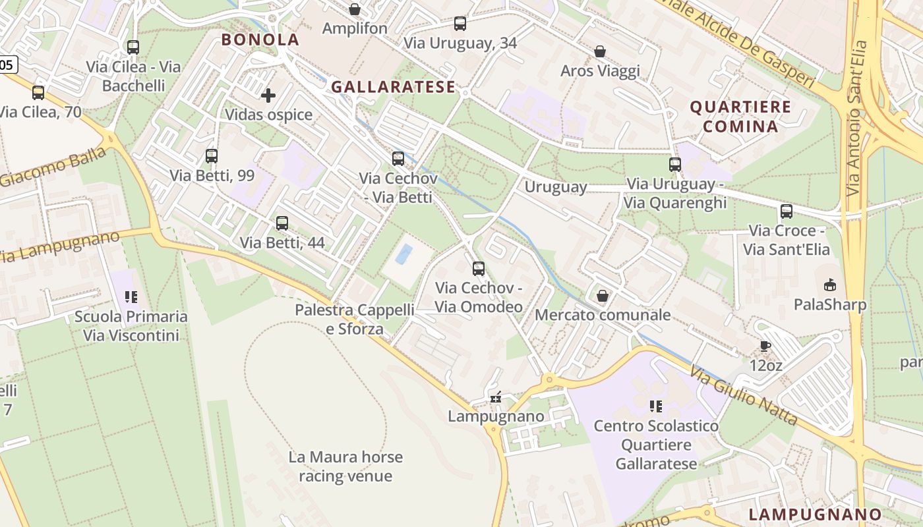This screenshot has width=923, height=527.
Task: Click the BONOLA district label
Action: tap(260, 40)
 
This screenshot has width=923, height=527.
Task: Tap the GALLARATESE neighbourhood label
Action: tap(393, 87)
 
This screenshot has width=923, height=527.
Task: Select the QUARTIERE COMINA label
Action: tap(740, 117)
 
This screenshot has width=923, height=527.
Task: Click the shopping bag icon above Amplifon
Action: tap(355, 9)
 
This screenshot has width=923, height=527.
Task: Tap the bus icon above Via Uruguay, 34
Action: tap(460, 24)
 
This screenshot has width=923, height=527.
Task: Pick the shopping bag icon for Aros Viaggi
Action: tap(600, 51)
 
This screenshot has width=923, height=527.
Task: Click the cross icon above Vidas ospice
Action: tap(268, 96)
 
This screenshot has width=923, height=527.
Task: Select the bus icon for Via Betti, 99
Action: tap(212, 156)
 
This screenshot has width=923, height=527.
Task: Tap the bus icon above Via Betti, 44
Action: tap(282, 223)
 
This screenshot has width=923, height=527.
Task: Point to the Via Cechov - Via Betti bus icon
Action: tap(398, 159)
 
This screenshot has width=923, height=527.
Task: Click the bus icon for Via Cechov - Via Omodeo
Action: tap(479, 269)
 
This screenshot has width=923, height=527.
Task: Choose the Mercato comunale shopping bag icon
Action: tap(602, 296)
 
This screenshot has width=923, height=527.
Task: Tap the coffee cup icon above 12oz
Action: tap(765, 346)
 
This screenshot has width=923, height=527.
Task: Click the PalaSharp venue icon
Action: tap(829, 285)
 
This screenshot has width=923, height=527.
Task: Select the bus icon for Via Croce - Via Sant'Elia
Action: tap(787, 211)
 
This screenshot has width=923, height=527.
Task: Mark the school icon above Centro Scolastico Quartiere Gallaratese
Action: tap(656, 406)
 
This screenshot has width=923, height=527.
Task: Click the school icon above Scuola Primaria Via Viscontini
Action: tap(131, 297)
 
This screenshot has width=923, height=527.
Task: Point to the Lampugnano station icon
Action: tap(496, 397)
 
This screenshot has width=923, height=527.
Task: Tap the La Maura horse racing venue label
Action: tap(345, 466)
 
